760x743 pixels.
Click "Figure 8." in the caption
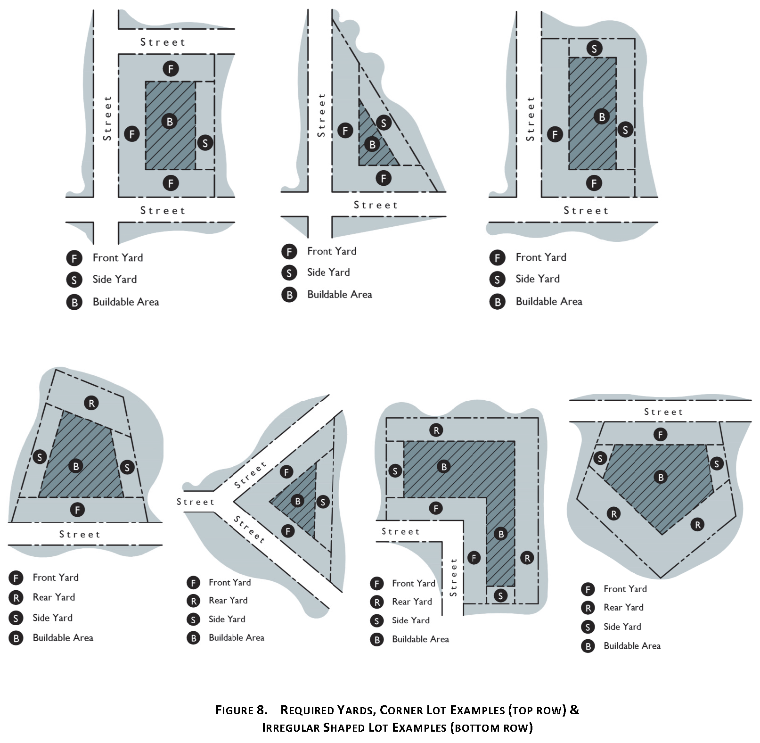tap(241, 710)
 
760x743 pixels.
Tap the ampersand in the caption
tap(574, 710)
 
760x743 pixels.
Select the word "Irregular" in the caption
tap(290, 727)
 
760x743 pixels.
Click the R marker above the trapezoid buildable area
tap(91, 403)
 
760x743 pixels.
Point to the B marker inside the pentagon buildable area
tap(661, 477)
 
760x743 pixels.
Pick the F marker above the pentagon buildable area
tap(660, 435)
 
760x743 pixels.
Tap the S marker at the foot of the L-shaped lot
tap(500, 595)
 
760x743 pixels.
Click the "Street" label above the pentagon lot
tap(663, 412)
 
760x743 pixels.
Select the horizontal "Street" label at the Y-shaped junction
tap(196, 502)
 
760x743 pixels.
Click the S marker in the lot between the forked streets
tap(323, 502)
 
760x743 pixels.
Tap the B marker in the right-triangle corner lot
tap(372, 144)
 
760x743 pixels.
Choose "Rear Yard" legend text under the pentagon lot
tap(623, 607)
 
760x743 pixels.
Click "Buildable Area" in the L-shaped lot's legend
tap(420, 639)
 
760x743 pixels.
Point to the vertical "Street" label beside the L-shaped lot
tap(454, 577)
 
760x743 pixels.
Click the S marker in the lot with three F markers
tap(204, 142)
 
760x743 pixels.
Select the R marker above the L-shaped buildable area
tap(436, 430)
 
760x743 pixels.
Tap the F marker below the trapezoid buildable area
tap(77, 509)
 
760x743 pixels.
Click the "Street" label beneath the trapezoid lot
tap(80, 534)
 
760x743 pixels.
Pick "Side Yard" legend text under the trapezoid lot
tap(52, 618)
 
